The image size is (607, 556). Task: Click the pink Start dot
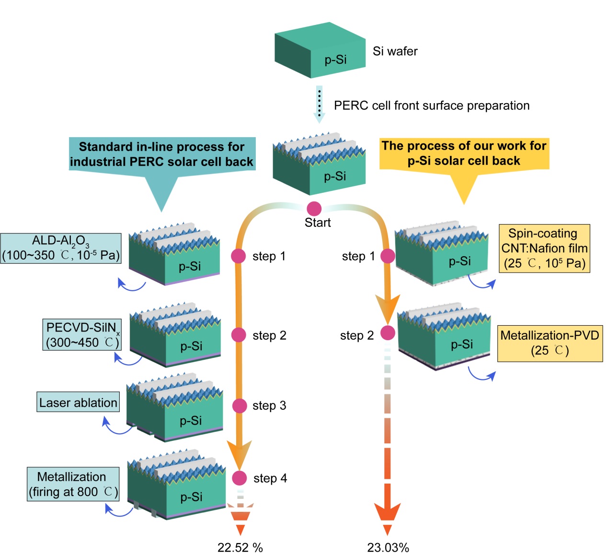pyautogui.click(x=314, y=209)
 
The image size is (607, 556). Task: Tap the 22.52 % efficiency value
pyautogui.click(x=240, y=547)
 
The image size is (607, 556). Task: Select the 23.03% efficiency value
pyautogui.click(x=388, y=547)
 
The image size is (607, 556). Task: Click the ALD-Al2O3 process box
pyautogui.click(x=61, y=248)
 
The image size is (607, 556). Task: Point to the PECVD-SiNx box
pyautogui.click(x=82, y=335)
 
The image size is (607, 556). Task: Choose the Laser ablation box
pyautogui.click(x=78, y=402)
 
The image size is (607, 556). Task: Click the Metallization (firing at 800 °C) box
pyautogui.click(x=73, y=484)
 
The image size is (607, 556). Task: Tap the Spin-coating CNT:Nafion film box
pyautogui.click(x=544, y=248)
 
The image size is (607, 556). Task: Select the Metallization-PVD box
pyautogui.click(x=550, y=343)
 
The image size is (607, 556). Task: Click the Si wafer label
pyautogui.click(x=395, y=51)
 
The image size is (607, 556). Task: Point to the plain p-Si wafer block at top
pyautogui.click(x=320, y=50)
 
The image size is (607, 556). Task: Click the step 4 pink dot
pyautogui.click(x=240, y=478)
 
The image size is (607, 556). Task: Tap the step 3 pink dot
pyautogui.click(x=240, y=405)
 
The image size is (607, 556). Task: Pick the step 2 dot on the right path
pyautogui.click(x=388, y=333)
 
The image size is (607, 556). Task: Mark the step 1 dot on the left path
pyautogui.click(x=239, y=256)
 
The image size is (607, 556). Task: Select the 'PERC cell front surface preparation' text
pyautogui.click(x=432, y=106)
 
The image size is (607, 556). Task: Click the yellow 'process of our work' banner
pyautogui.click(x=464, y=154)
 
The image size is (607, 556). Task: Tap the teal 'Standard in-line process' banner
pyautogui.click(x=161, y=154)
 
